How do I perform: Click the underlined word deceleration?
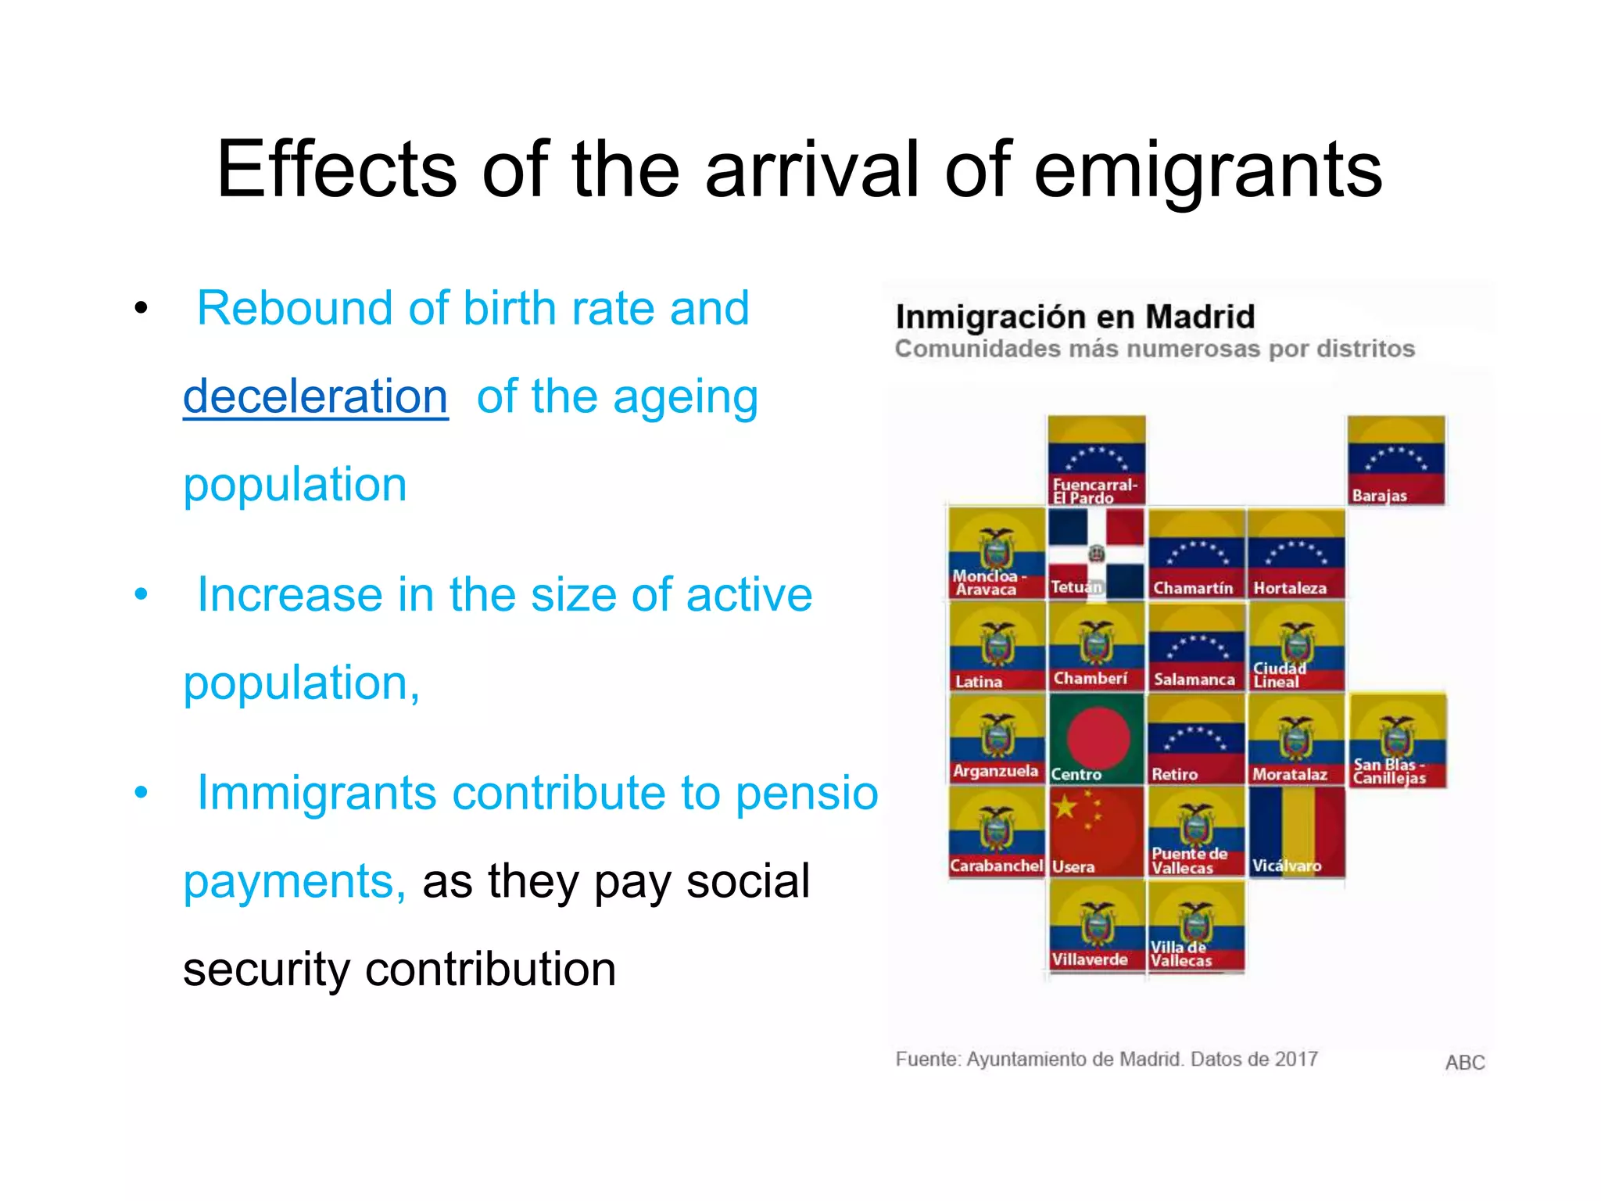click(315, 396)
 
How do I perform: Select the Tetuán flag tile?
click(1096, 554)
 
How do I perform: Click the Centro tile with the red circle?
click(1096, 739)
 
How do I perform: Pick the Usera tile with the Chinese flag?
click(1096, 831)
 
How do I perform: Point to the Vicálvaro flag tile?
click(1296, 831)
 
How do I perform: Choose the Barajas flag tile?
click(1396, 461)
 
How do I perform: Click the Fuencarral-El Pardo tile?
click(1096, 461)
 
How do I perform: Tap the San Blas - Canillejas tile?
click(1398, 740)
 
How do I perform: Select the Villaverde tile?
click(1096, 925)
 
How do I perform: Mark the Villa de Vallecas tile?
click(1196, 925)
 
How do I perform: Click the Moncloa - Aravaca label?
click(987, 583)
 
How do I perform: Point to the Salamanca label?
click(1194, 679)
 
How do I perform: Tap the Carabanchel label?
click(996, 866)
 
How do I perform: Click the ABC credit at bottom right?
click(1464, 1063)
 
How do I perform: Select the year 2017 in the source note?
click(1295, 1059)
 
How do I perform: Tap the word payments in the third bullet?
click(294, 882)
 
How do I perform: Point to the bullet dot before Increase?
click(141, 594)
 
